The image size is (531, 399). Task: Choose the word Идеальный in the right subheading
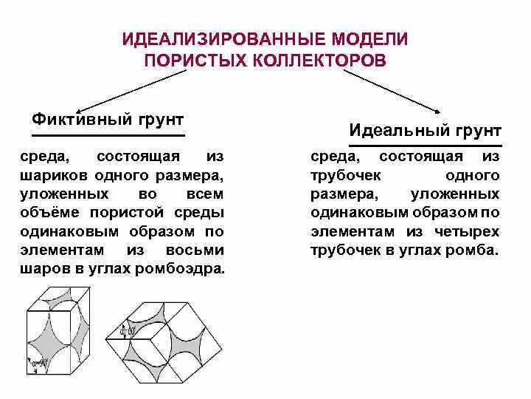tap(395, 131)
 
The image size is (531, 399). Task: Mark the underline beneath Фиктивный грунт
tap(108, 136)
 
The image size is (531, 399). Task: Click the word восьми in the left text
tap(198, 250)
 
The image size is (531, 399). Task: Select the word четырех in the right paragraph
tap(471, 231)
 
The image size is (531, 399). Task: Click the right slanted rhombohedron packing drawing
tap(169, 340)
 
